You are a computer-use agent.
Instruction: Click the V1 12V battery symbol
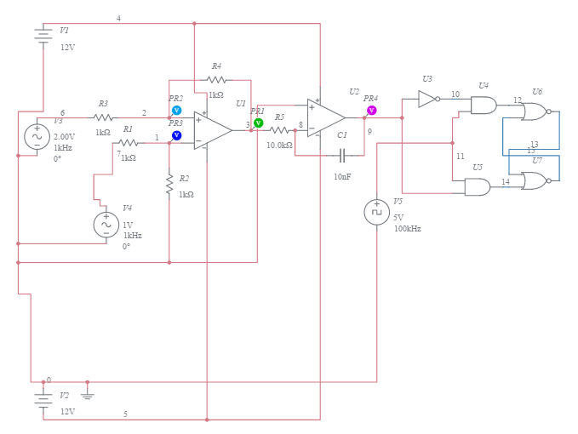pyautogui.click(x=43, y=36)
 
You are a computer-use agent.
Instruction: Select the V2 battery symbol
pyautogui.click(x=43, y=400)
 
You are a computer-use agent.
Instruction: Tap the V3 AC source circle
pyautogui.click(x=37, y=136)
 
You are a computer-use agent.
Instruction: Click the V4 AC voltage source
pyautogui.click(x=106, y=224)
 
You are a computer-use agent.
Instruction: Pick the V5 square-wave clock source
pyautogui.click(x=376, y=212)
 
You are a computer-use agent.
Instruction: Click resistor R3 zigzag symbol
pyautogui.click(x=103, y=117)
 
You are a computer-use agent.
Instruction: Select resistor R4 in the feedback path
pyautogui.click(x=216, y=81)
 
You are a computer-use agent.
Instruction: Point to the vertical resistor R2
pyautogui.click(x=169, y=182)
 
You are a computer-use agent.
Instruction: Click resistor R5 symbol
pyautogui.click(x=279, y=130)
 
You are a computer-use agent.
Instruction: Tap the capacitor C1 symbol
pyautogui.click(x=341, y=156)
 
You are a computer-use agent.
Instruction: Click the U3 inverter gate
pyautogui.click(x=428, y=99)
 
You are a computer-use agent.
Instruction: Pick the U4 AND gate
pyautogui.click(x=484, y=106)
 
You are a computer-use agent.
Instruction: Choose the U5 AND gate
pyautogui.click(x=477, y=186)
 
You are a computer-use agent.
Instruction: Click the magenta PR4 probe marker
pyautogui.click(x=371, y=111)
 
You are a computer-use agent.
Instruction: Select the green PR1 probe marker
pyautogui.click(x=259, y=123)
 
